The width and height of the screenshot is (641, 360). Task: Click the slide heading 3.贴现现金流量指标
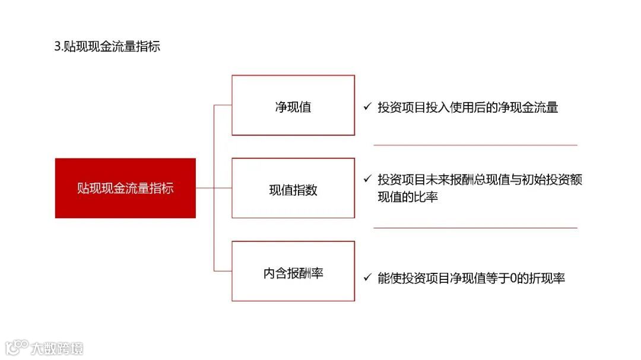107,47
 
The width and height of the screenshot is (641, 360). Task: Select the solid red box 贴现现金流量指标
125,188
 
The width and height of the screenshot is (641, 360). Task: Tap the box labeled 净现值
293,106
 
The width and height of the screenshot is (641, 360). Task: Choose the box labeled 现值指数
293,189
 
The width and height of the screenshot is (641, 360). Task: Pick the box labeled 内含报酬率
293,272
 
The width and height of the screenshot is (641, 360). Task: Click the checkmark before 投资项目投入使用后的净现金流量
367,107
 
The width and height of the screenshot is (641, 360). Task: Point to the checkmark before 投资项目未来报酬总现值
367,179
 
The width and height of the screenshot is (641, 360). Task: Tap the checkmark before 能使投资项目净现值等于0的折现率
367,278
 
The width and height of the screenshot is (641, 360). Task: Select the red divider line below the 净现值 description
475,145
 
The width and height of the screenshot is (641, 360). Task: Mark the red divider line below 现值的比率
475,228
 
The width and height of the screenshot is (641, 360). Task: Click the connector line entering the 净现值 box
223,105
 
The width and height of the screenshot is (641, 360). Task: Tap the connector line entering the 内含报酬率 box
223,271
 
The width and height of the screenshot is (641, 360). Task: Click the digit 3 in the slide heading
57,47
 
